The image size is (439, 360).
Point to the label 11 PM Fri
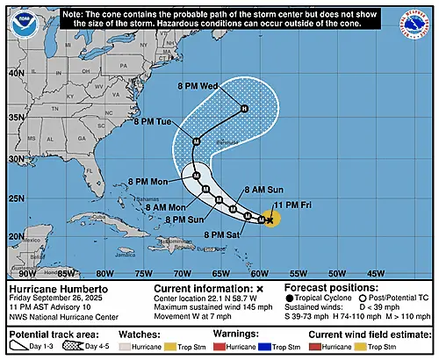pyautogui.click(x=291, y=205)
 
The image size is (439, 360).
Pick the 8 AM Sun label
pyautogui.click(x=265, y=190)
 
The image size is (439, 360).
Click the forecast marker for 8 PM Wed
pyautogui.click(x=245, y=108)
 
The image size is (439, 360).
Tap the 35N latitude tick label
pyautogui.click(x=13, y=117)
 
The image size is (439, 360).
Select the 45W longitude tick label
pyautogui.click(x=378, y=273)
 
